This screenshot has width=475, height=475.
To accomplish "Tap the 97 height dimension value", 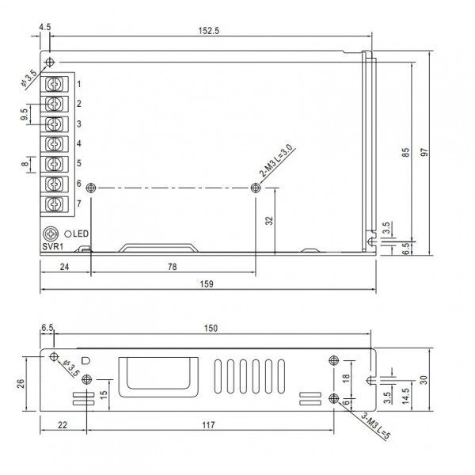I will pos(425,154).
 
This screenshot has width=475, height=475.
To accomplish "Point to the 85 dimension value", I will pos(405,154).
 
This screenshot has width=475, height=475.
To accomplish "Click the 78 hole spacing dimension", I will pos(173,267).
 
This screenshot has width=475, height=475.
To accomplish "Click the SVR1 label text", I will pos(52,246).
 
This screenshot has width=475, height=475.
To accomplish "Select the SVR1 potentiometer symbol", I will pos(51,234).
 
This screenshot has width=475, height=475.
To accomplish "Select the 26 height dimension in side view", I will pos(23,384).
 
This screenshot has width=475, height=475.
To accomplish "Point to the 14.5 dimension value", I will pos(405,394).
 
